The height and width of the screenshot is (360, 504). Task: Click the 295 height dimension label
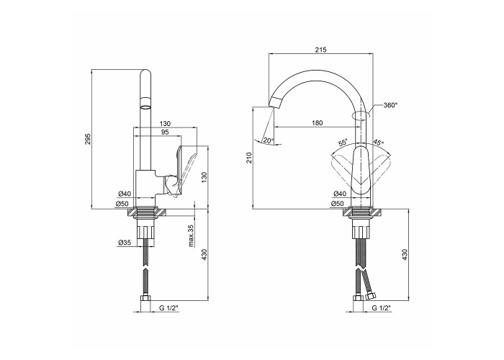(88, 139)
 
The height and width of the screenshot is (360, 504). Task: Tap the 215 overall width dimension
(320, 50)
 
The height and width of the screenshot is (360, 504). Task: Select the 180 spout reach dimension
(317, 123)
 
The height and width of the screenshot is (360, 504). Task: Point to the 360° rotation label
(390, 105)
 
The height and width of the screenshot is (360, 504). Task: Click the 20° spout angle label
(269, 140)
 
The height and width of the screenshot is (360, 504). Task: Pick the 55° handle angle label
(343, 142)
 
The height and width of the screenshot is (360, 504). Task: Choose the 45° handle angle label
(379, 142)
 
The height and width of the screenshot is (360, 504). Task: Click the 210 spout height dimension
(249, 158)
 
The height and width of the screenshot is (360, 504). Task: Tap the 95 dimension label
(165, 132)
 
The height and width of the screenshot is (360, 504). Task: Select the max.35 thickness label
(192, 235)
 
